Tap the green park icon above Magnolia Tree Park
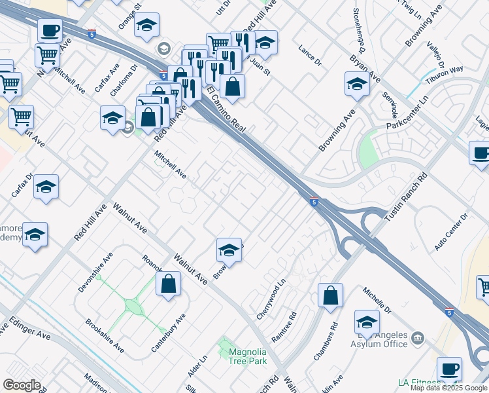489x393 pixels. pyautogui.click(x=226, y=343)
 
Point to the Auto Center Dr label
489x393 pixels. pyautogui.click(x=452, y=231)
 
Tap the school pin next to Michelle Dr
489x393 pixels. pyautogui.click(x=367, y=322)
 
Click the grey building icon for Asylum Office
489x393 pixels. pyautogui.click(x=418, y=338)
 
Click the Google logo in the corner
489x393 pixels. pyautogui.click(x=22, y=385)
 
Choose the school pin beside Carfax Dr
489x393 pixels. pyautogui.click(x=46, y=187)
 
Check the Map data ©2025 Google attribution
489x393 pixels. pyautogui.click(x=448, y=388)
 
